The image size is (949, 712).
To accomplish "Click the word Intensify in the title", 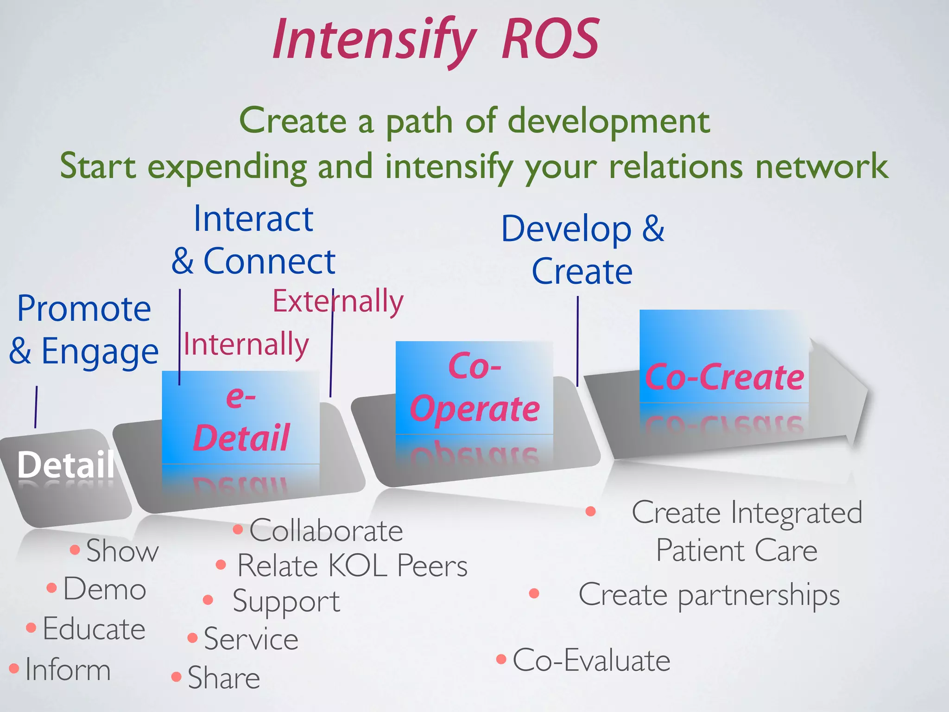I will coord(373,41).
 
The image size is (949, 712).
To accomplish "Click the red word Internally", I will coord(246,344).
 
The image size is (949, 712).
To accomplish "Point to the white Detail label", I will coord(65,464).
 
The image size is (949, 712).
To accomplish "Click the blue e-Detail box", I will coord(240,417).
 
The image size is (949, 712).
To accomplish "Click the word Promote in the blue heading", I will coord(84,309).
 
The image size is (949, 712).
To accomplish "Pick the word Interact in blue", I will coord(253,219).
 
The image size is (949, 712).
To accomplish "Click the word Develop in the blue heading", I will coord(566,229).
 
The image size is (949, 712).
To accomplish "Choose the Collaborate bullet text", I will coord(326,530).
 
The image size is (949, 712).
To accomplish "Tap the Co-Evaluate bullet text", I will coord(591,660).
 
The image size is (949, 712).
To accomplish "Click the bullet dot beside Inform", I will coord(14,668).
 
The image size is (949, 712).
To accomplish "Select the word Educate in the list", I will coord(94,629).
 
